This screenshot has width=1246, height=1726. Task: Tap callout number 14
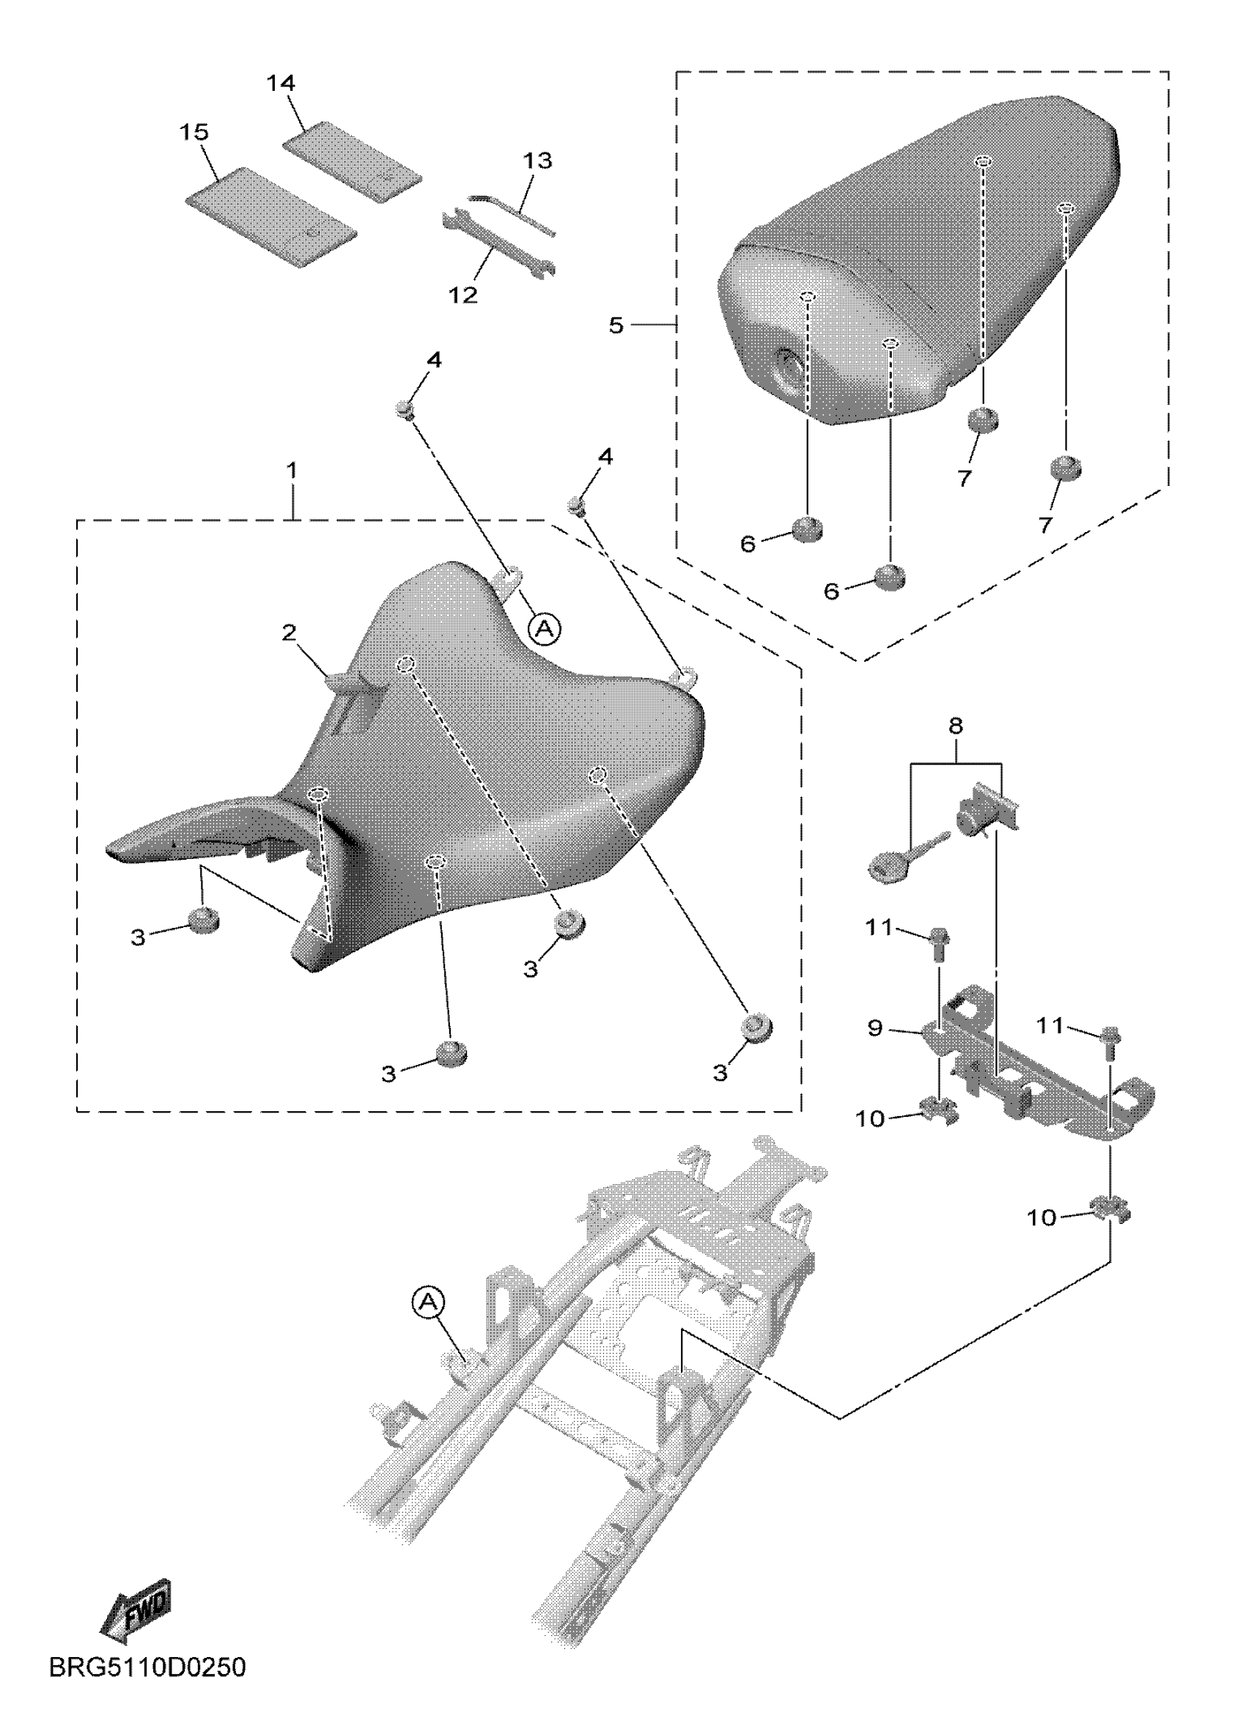tap(281, 83)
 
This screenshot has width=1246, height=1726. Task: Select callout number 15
tap(194, 133)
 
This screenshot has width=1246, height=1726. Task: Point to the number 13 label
tap(537, 161)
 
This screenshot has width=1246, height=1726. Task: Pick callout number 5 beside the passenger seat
tap(616, 325)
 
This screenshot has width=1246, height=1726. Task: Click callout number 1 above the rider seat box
tap(292, 471)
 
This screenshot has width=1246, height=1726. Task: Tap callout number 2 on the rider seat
tap(290, 633)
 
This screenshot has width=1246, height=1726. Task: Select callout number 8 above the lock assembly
tap(955, 726)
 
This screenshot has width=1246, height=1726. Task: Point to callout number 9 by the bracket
tap(875, 1028)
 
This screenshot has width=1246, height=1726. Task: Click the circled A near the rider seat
tap(545, 629)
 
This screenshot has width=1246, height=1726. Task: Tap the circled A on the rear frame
tap(429, 1302)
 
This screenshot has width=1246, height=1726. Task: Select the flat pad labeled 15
tap(271, 216)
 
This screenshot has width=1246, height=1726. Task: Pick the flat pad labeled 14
tap(352, 163)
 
